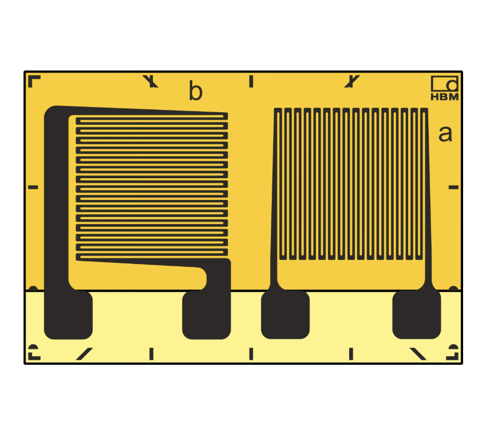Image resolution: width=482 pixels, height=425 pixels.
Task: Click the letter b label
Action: coord(196,90)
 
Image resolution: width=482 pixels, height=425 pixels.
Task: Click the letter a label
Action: coord(445,134)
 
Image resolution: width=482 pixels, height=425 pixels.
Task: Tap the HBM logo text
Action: coord(444,97)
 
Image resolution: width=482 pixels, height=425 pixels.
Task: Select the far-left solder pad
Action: coord(68,314)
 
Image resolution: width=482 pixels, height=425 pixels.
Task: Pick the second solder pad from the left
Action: coord(206,314)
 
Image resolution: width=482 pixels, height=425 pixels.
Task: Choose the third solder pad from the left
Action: coord(285,314)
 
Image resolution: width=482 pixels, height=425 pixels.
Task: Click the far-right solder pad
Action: coord(417,314)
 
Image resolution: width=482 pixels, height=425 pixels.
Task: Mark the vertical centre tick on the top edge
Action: coord(251,81)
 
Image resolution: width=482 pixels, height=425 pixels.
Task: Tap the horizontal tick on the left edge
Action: coord(33,187)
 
